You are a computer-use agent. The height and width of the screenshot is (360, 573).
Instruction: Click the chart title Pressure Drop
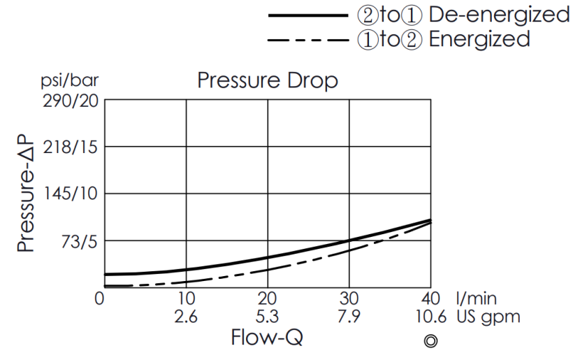coord(268,81)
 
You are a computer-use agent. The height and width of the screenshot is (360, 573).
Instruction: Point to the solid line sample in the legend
coord(307,15)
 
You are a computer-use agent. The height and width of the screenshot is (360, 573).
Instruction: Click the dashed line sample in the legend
coord(307,40)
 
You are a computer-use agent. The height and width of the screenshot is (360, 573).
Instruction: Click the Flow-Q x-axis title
coord(267,338)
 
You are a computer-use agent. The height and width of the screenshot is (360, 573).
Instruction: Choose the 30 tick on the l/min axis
coord(349,298)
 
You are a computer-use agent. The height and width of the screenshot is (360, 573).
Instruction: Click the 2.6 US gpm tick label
coord(186,316)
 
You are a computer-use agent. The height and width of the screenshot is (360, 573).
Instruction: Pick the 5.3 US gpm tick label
coord(268,316)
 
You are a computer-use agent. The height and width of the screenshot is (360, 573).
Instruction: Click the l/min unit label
coord(479,298)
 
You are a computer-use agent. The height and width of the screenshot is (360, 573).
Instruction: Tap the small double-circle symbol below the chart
coord(431,341)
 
